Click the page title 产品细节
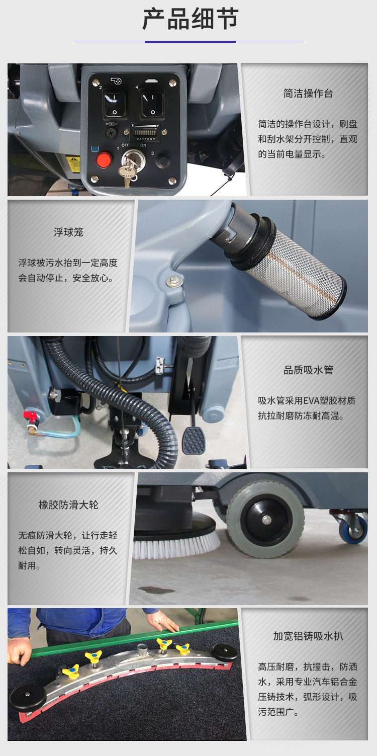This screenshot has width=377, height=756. (190, 20)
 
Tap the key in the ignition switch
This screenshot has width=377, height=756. (129, 169)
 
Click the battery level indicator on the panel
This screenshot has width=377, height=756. (144, 133)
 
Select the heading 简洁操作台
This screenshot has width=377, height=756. (308, 94)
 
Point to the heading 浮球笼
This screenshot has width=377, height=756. (68, 232)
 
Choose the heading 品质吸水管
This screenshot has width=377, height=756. (308, 370)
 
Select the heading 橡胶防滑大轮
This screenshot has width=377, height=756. (68, 505)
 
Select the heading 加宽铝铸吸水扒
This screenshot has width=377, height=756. (308, 636)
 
